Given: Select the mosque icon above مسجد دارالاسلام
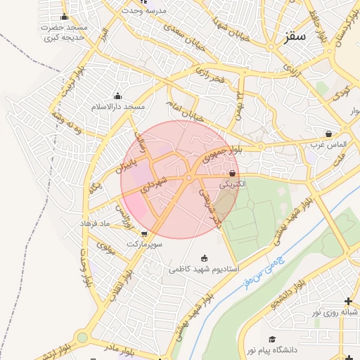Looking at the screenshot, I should [x=117, y=96].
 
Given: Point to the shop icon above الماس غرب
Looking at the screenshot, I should [x=329, y=134].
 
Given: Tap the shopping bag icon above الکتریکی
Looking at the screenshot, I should [x=233, y=173].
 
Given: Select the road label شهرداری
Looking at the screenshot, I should [x=154, y=185].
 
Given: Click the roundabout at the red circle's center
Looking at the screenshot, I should [x=188, y=179].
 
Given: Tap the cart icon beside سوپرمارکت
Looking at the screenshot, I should [x=144, y=234].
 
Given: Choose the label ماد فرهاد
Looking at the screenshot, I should [x=97, y=223].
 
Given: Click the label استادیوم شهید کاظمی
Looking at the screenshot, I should [x=204, y=269].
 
